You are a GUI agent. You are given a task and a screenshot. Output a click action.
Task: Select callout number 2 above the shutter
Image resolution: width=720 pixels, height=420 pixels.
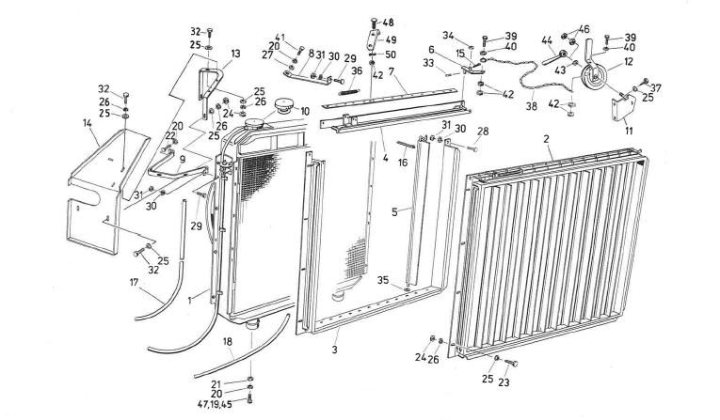[545, 138]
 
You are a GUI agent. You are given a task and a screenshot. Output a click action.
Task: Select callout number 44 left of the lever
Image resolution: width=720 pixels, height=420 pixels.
[546, 42]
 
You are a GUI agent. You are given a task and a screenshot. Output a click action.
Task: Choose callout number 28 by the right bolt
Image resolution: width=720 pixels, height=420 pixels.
[484, 131]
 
